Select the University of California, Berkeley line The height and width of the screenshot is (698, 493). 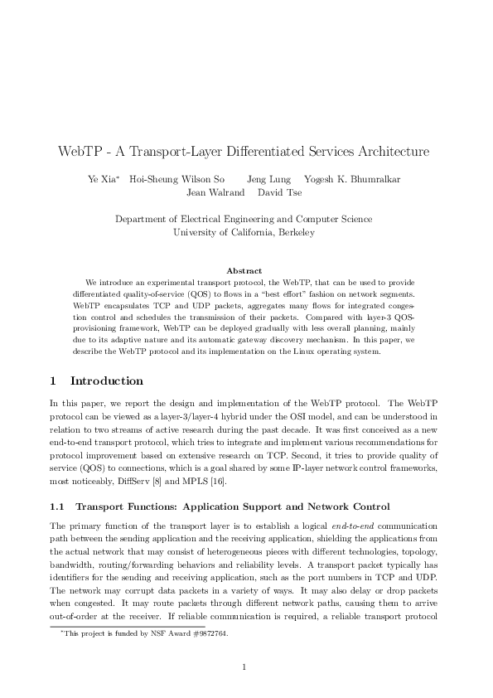pyautogui.click(x=244, y=233)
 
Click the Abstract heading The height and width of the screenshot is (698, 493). pyautogui.click(x=244, y=270)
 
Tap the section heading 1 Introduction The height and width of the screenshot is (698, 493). pyautogui.click(x=96, y=381)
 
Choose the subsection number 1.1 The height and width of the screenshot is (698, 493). pyautogui.click(x=58, y=506)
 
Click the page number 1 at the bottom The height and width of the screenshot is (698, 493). pyautogui.click(x=244, y=667)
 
